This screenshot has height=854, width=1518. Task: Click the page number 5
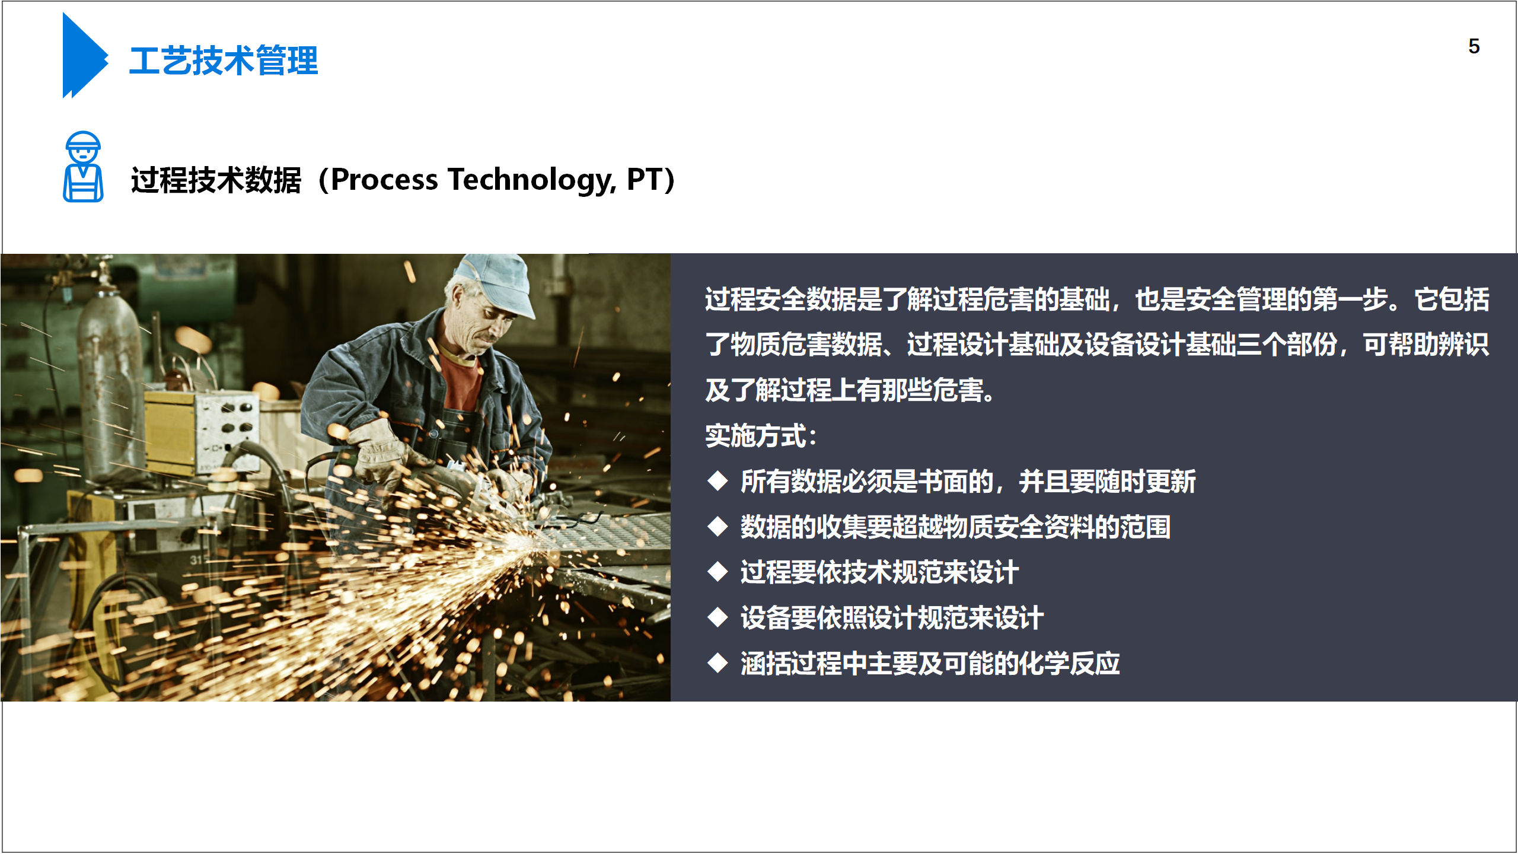click(x=1474, y=46)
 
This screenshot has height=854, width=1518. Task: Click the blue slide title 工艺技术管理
click(x=224, y=61)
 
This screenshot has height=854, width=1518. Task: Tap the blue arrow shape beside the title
click(x=85, y=55)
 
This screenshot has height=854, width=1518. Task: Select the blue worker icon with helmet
click(x=83, y=167)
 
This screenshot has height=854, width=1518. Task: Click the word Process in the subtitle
click(x=384, y=180)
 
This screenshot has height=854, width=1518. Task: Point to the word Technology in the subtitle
click(x=532, y=181)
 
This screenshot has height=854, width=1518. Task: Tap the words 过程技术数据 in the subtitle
click(x=216, y=180)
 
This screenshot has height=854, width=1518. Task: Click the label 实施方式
click(x=755, y=436)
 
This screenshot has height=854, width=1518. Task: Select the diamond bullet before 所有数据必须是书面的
click(x=717, y=481)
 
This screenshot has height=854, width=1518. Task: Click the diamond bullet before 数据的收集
click(x=717, y=527)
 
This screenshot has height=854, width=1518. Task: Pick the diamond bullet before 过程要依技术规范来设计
click(x=717, y=572)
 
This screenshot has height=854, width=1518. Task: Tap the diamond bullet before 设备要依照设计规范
click(x=717, y=617)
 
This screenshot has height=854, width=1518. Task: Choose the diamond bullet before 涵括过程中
click(x=717, y=663)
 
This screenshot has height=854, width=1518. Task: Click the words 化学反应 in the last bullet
click(x=1069, y=663)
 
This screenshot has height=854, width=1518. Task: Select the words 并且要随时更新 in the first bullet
click(x=1107, y=481)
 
